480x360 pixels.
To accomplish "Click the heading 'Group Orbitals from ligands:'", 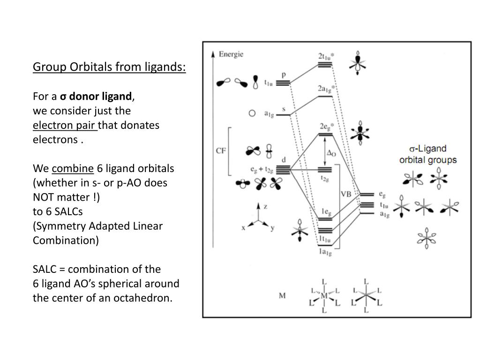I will tap(109, 67).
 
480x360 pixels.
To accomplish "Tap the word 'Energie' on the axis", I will tap(232, 54).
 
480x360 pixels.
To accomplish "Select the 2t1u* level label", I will tap(326, 56).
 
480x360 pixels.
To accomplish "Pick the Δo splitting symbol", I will tap(331, 153).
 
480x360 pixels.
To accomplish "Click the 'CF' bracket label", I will tap(221, 151).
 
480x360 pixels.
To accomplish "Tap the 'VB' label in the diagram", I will tap(346, 195).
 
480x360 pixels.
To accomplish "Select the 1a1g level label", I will tap(325, 253).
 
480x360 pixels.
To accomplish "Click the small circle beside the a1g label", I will tap(252, 113).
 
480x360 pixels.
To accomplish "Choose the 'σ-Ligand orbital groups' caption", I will tap(427, 154).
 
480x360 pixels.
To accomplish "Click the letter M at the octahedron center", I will tap(324, 296).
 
